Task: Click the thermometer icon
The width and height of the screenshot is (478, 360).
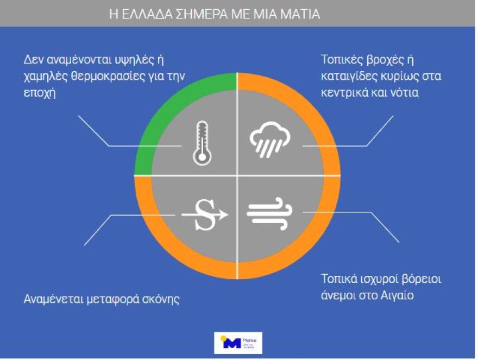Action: pos(202,143)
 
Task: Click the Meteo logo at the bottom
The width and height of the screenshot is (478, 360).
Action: pos(238,343)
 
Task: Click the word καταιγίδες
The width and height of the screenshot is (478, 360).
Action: pos(348,76)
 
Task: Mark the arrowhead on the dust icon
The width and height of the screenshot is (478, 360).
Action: pos(222,215)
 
